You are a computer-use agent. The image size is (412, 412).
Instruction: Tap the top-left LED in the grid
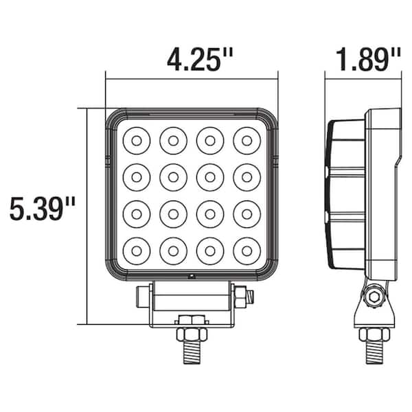point(137,141)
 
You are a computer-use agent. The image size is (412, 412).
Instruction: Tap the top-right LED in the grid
point(246,141)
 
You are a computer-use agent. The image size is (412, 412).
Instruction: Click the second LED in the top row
point(173,141)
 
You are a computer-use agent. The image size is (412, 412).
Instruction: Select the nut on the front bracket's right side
point(242,297)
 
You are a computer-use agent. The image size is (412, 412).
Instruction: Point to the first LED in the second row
point(137,177)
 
